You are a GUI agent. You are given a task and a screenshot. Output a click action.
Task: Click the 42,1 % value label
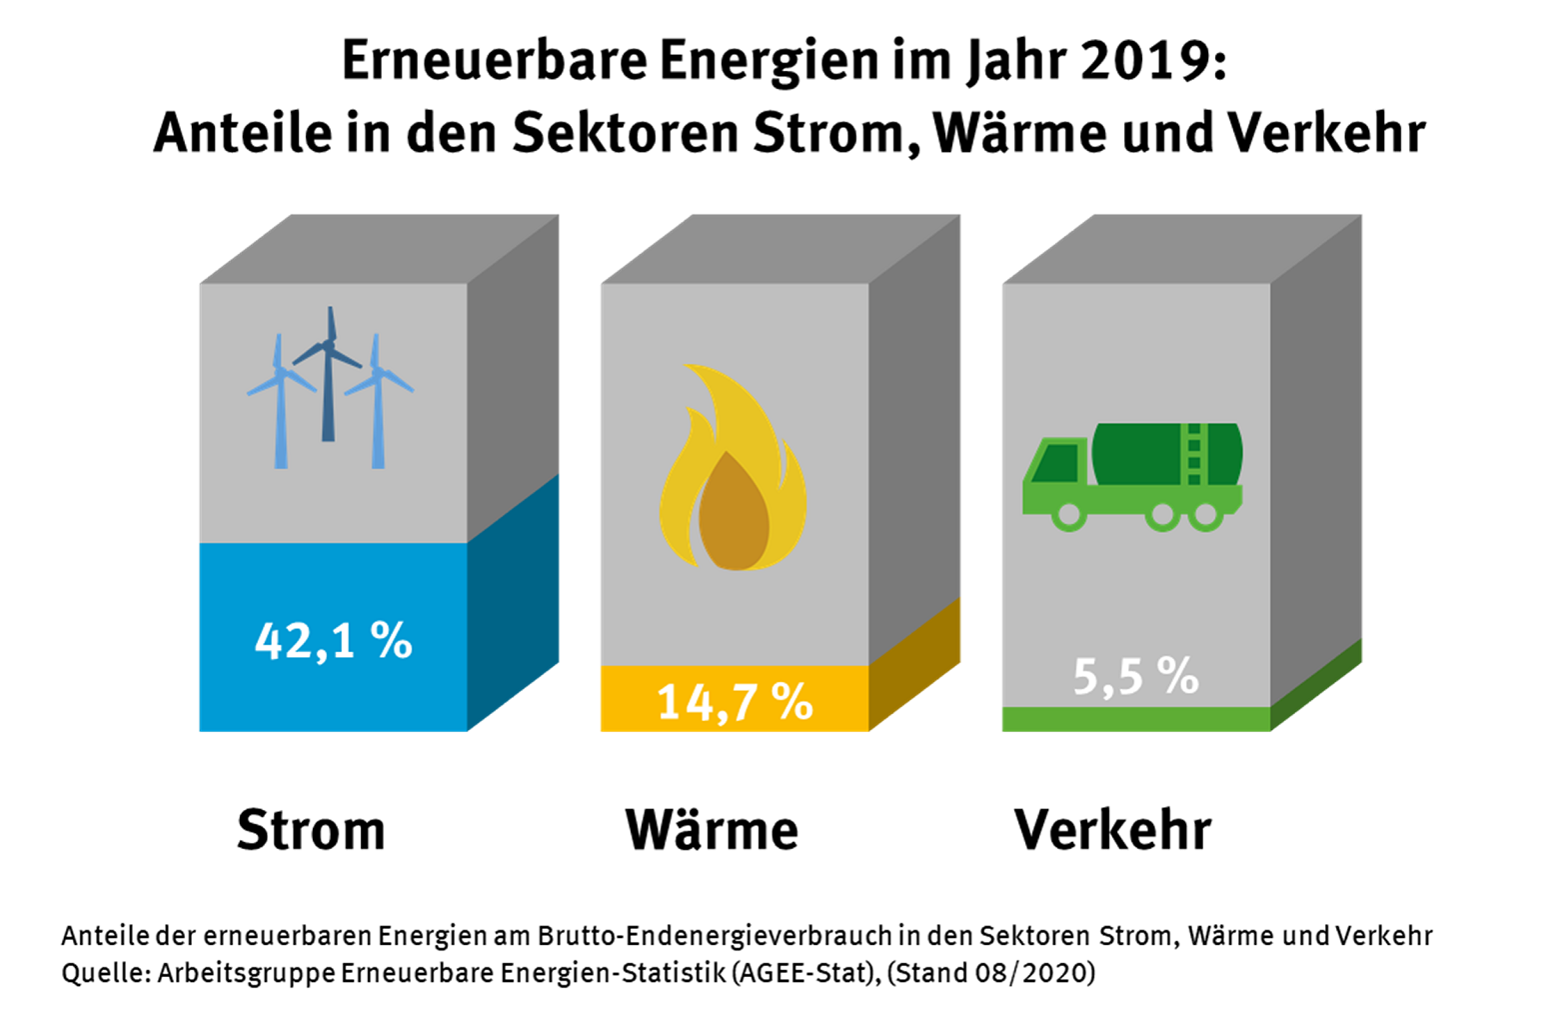pos(333,641)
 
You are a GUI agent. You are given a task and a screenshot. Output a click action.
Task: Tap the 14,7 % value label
pos(735,702)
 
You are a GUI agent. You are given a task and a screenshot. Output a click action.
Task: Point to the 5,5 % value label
pos(1135,677)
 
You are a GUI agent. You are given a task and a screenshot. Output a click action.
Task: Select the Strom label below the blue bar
pos(311,830)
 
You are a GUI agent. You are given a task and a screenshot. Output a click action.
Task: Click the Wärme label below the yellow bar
pos(712,830)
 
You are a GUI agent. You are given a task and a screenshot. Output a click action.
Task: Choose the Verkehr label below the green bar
pos(1112,830)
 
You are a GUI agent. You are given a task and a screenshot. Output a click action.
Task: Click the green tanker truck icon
pos(1132,476)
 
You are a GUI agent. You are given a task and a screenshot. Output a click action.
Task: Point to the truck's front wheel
pos(1069,516)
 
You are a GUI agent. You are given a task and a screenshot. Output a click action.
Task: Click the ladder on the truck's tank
pos(1193,456)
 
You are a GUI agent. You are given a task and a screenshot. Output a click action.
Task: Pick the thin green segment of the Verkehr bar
pos(1135,719)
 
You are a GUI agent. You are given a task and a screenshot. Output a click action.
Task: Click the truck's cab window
pos(1059,462)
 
